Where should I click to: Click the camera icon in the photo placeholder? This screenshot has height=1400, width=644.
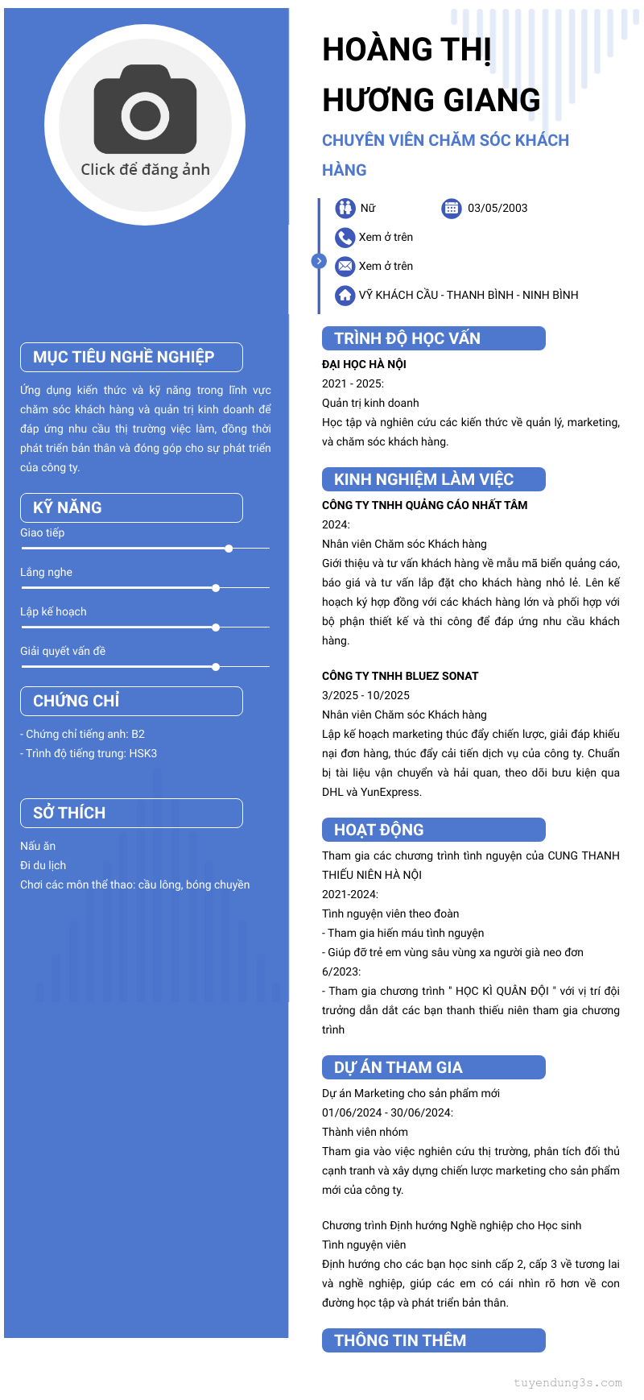[146, 110]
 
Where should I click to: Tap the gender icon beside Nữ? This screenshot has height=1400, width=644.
[345, 208]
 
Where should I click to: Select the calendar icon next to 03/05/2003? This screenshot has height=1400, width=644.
[452, 208]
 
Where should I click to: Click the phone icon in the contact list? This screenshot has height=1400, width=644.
[345, 237]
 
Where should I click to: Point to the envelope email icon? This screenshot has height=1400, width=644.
[345, 266]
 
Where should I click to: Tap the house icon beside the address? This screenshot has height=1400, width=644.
[345, 295]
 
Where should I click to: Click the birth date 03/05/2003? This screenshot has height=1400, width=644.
[497, 208]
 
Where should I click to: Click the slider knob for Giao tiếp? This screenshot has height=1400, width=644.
[229, 549]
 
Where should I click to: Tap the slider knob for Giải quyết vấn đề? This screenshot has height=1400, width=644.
[216, 667]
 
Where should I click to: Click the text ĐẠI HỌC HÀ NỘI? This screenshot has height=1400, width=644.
[364, 364]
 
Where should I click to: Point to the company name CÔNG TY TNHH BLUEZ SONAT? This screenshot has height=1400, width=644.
[400, 676]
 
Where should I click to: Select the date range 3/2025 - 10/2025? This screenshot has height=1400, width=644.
[365, 695]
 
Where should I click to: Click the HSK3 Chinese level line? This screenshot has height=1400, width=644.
[89, 753]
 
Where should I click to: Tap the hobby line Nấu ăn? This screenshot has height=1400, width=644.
[38, 846]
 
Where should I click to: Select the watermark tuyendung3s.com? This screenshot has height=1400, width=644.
[568, 1383]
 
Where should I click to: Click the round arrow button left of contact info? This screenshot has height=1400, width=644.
[319, 261]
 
